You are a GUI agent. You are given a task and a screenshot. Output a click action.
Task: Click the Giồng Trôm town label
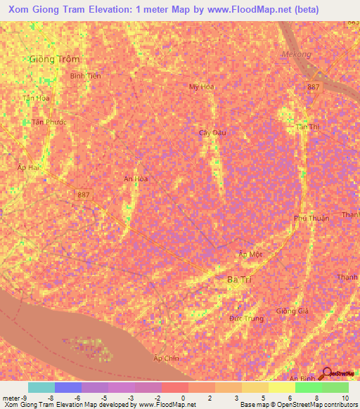point(54,59)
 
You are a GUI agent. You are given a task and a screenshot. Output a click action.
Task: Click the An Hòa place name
point(136,178)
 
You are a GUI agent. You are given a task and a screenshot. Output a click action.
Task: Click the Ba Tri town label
point(239,280)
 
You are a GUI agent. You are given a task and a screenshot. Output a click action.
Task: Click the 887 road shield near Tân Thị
point(314,87)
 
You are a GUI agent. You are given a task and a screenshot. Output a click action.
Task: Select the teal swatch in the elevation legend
point(41,387)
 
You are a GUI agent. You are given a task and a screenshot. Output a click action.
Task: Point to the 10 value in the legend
point(344,398)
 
